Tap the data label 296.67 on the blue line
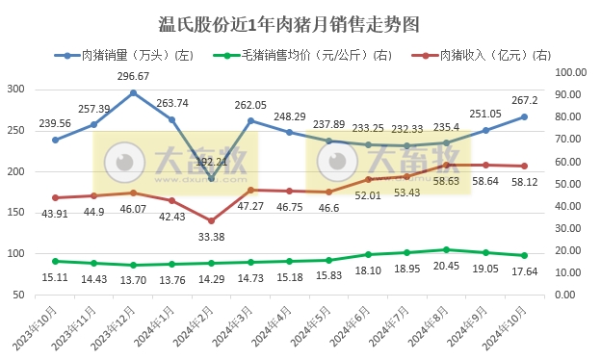(x=133, y=76)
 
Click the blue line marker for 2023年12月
(x=133, y=93)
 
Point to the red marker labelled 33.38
(x=211, y=220)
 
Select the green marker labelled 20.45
(x=446, y=249)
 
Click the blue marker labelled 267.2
(x=524, y=116)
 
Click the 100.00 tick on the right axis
(x=572, y=72)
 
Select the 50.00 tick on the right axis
(x=572, y=184)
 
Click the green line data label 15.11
(x=55, y=277)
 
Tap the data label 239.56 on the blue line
(x=55, y=123)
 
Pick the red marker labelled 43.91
(x=55, y=197)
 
